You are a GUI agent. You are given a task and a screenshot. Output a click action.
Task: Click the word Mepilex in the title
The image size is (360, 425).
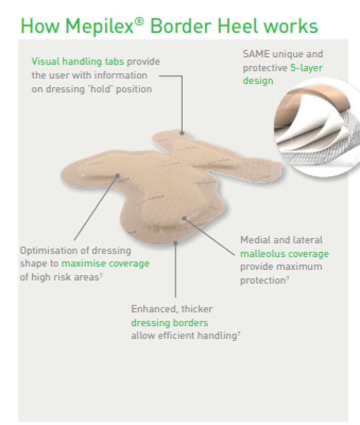point(99,26)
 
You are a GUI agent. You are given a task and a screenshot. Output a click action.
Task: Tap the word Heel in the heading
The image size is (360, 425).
point(238,26)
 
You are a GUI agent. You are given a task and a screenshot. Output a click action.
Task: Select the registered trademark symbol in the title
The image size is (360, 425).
point(139,21)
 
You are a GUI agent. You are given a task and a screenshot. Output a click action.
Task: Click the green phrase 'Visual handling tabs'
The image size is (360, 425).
point(78,62)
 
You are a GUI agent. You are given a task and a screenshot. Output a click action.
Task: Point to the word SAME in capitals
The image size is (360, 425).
point(256,54)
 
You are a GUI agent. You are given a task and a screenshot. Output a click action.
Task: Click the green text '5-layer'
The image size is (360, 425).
point(306,68)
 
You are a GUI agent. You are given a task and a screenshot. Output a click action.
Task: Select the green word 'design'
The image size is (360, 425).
point(258,81)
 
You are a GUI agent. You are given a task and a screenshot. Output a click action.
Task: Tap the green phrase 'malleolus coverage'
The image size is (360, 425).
point(284,254)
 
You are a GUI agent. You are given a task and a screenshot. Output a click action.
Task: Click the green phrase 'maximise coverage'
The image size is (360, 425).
point(105,263)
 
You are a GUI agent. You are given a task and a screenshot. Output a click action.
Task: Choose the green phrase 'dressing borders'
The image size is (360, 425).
point(170,323)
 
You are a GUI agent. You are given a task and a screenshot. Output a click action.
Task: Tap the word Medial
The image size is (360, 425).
point(255,240)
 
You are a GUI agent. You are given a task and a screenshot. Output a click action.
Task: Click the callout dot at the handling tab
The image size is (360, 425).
point(182,133)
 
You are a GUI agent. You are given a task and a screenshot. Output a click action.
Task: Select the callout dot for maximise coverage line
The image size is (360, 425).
point(117,176)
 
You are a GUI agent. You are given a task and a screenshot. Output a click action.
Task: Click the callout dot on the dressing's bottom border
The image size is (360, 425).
point(176,243)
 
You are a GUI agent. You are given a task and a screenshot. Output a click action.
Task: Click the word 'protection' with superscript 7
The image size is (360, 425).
point(263,280)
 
